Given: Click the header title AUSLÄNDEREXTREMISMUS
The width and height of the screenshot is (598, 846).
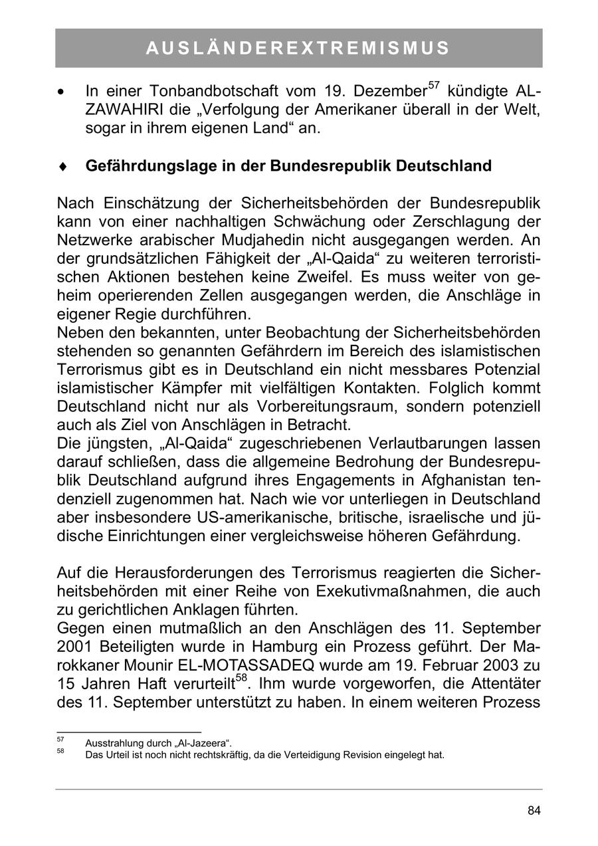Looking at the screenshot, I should (298, 48).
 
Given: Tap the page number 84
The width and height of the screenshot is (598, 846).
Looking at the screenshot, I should (534, 810).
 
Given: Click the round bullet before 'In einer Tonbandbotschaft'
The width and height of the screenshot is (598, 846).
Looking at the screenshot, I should (62, 91).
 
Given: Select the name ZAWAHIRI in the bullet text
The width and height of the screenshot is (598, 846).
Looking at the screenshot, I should (120, 110).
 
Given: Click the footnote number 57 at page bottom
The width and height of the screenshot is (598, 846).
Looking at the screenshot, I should (60, 739).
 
